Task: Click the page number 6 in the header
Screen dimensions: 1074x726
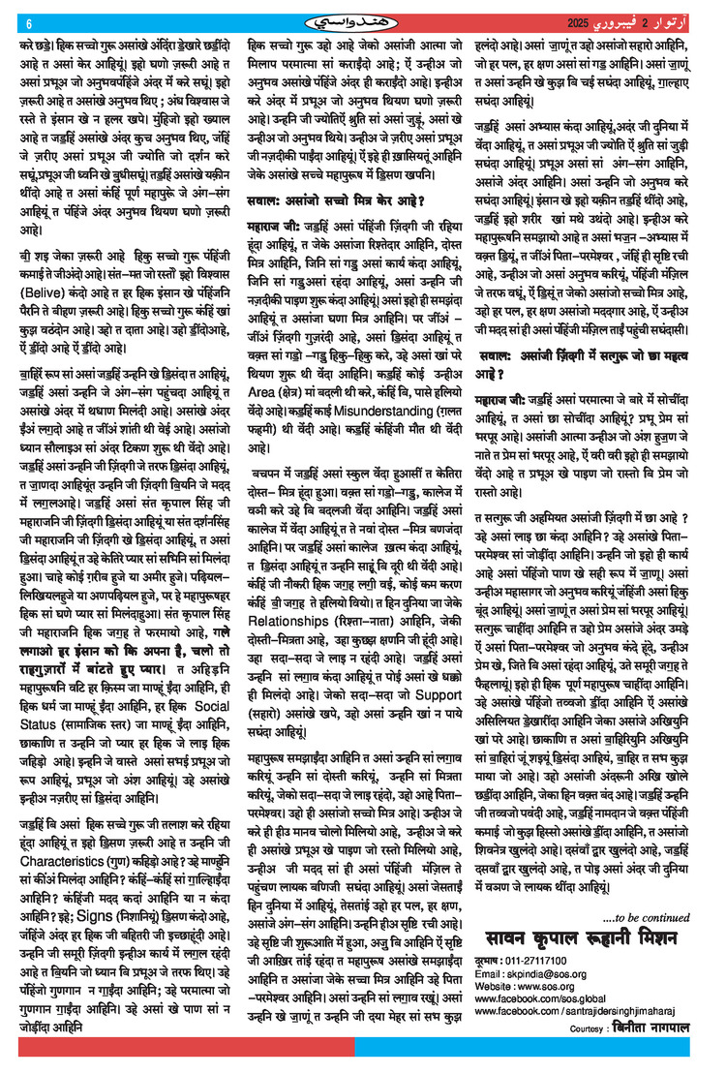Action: [x=29, y=23]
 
